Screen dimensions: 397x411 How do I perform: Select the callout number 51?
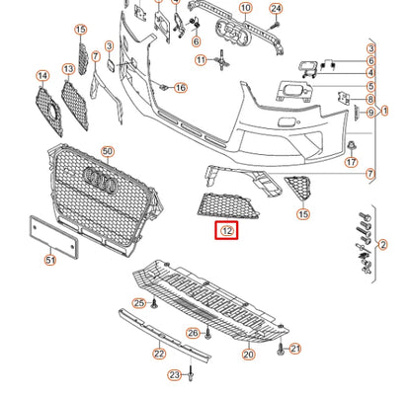click(50, 261)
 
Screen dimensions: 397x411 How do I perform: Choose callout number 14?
click(42, 76)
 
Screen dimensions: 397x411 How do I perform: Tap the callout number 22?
click(159, 353)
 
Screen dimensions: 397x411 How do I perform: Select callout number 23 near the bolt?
click(174, 375)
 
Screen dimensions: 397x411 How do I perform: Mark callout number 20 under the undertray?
click(248, 353)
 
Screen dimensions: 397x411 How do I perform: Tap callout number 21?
click(295, 349)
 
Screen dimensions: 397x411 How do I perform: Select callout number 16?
click(180, 88)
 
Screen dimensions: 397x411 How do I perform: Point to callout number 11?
click(202, 60)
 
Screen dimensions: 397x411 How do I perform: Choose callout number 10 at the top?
click(245, 9)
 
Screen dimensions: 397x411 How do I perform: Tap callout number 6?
click(196, 41)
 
